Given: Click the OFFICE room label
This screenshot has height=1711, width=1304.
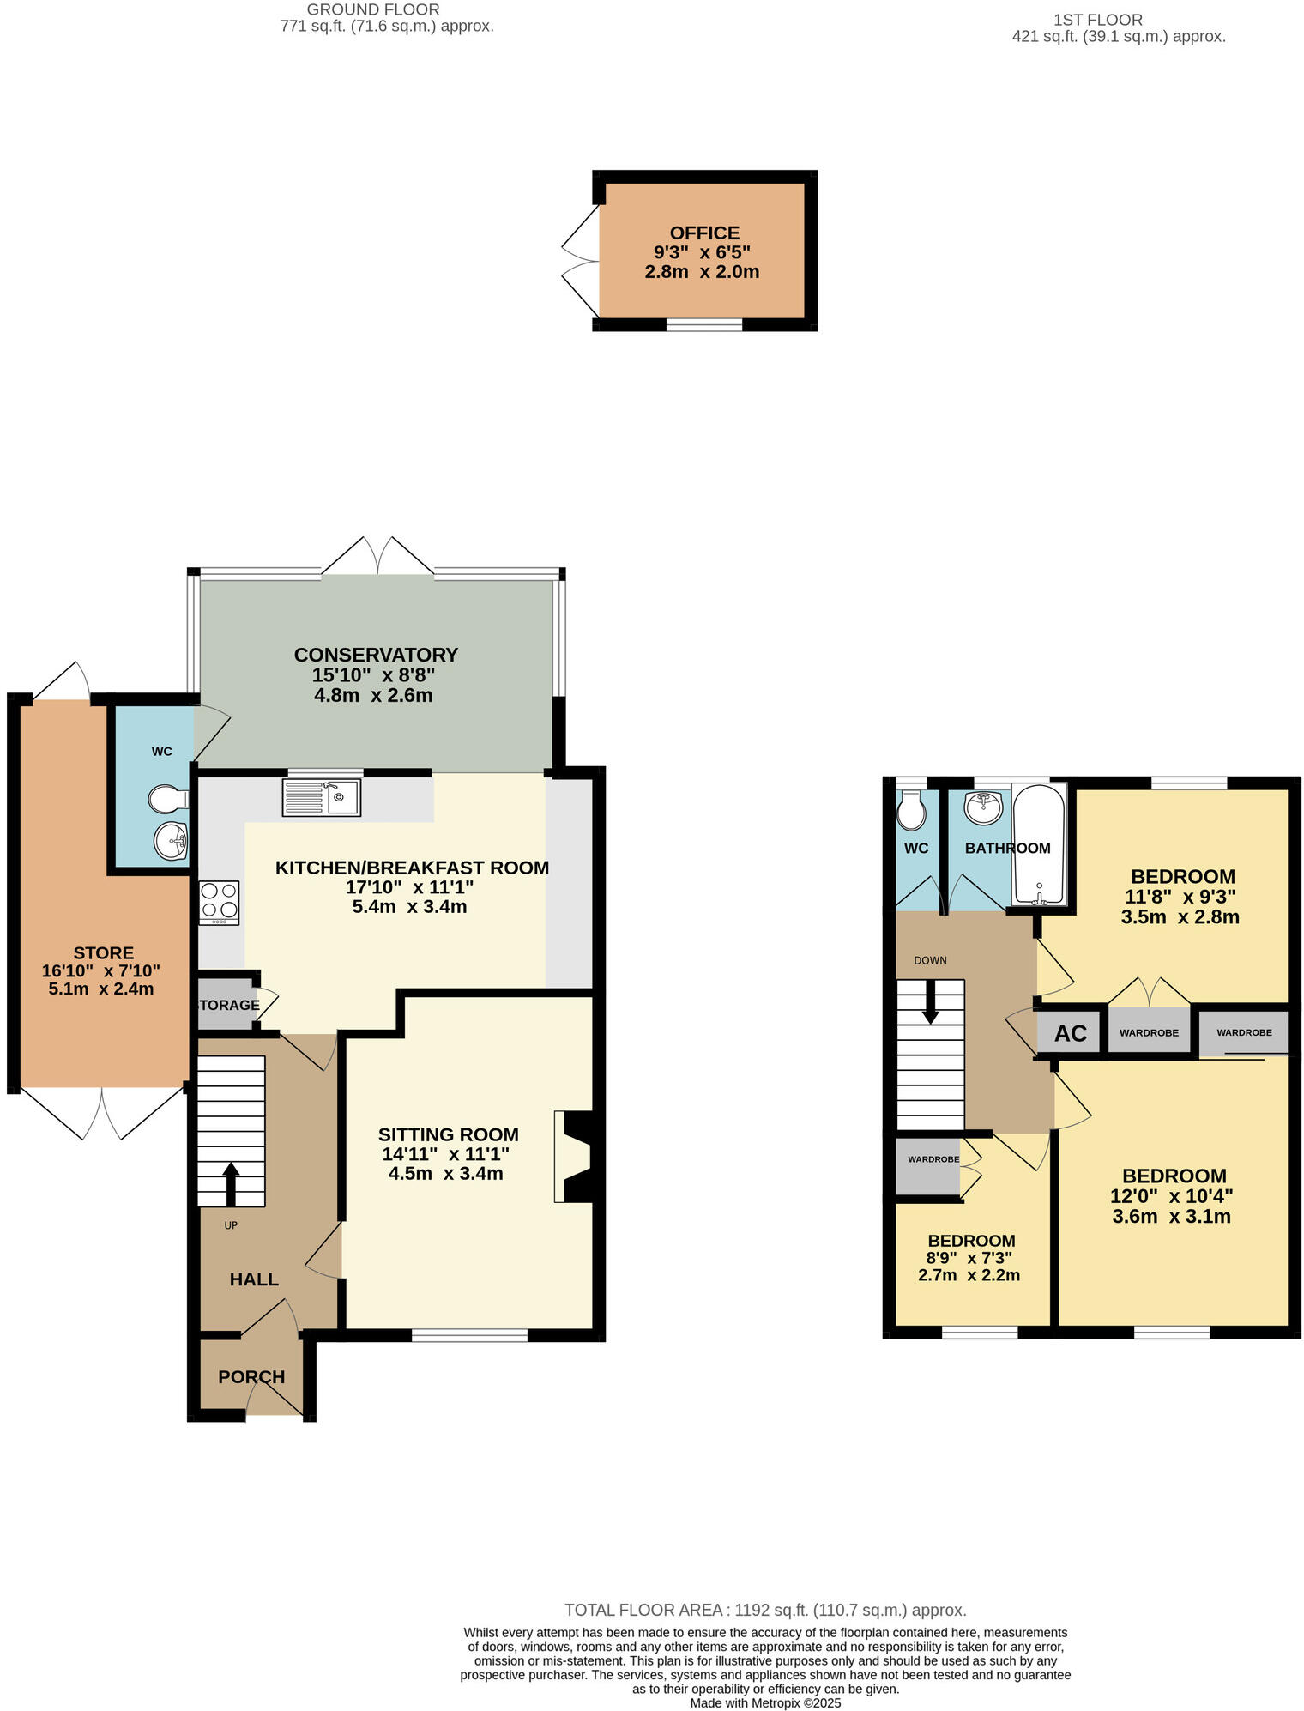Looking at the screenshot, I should [704, 233].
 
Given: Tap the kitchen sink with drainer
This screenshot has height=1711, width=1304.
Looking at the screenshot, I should [322, 797].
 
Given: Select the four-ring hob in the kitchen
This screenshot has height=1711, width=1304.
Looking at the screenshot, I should [219, 902].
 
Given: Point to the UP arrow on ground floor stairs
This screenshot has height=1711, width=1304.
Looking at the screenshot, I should [231, 1184].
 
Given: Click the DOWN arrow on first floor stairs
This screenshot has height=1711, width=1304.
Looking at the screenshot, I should [930, 1002].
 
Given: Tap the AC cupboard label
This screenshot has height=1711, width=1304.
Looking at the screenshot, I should [1070, 1033].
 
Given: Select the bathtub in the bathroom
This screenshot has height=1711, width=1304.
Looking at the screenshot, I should [1039, 844].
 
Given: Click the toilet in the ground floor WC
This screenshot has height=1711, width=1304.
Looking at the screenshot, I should [166, 800].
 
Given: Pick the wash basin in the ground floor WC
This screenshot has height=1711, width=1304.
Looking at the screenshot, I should [171, 840].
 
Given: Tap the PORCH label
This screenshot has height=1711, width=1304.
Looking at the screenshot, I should [251, 1376].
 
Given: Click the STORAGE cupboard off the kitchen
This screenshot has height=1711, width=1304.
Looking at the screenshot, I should [226, 1005].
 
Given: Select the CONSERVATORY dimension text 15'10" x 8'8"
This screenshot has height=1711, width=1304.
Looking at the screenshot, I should [373, 675].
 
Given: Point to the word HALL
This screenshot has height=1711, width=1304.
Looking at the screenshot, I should [254, 1279].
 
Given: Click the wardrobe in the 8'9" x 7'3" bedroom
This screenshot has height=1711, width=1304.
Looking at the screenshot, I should [928, 1164].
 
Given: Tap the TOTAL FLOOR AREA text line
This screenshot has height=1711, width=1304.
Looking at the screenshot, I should [765, 1610].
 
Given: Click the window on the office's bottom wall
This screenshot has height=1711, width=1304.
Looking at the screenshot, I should [704, 324].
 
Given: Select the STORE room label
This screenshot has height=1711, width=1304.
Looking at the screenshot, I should [103, 952].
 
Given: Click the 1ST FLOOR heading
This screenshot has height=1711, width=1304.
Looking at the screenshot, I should [1097, 19].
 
